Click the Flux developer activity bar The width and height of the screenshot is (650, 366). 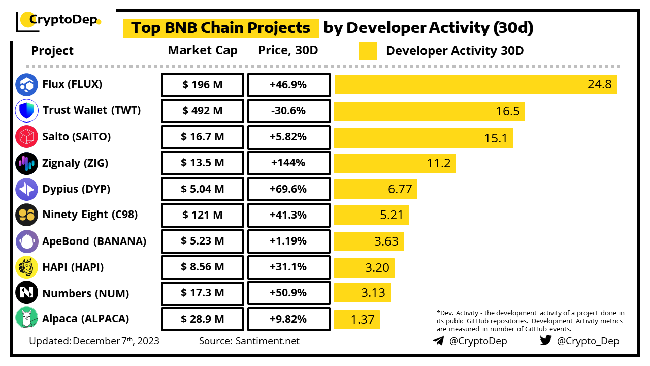(x=476, y=84)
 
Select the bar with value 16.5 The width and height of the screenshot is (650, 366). (x=429, y=111)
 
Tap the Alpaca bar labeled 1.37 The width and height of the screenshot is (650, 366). (x=356, y=319)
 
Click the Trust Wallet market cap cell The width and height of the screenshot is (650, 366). (x=203, y=111)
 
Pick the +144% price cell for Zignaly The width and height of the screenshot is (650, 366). (x=288, y=163)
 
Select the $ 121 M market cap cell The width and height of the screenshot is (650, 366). (x=203, y=215)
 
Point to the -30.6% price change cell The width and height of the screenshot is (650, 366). (x=288, y=111)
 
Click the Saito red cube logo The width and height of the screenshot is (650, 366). (x=27, y=137)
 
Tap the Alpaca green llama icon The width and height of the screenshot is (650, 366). (x=27, y=319)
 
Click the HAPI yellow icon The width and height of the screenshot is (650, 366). (x=27, y=267)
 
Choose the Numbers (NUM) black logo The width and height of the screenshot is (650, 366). (x=27, y=293)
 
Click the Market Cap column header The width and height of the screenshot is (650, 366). (x=203, y=50)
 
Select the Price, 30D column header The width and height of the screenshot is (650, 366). (x=288, y=50)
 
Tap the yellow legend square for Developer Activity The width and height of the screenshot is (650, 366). (x=368, y=51)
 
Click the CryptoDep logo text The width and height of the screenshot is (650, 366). (x=63, y=20)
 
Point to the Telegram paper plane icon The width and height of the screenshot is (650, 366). (x=438, y=341)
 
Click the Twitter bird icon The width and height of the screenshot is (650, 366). (x=546, y=341)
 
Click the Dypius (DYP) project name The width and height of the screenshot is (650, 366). (x=76, y=189)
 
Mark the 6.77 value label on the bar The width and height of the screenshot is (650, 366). (x=400, y=189)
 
